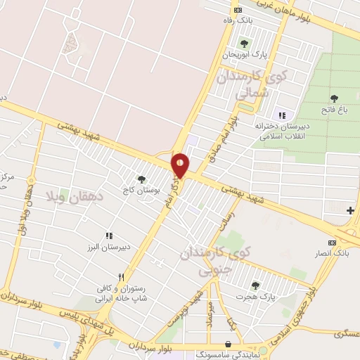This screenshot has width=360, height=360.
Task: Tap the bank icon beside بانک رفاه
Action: coord(238,9)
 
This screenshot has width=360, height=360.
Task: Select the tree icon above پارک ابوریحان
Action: coord(244,44)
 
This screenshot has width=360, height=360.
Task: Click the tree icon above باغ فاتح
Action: coord(334,98)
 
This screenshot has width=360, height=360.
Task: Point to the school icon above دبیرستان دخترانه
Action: coord(282,115)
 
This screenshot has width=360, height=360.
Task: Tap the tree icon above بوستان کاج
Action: coord(141,179)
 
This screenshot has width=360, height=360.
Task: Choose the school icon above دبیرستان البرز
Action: coord(108,236)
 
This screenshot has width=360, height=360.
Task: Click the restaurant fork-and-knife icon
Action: coord(122,277)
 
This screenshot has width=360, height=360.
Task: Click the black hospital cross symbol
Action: coord(350,210)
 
